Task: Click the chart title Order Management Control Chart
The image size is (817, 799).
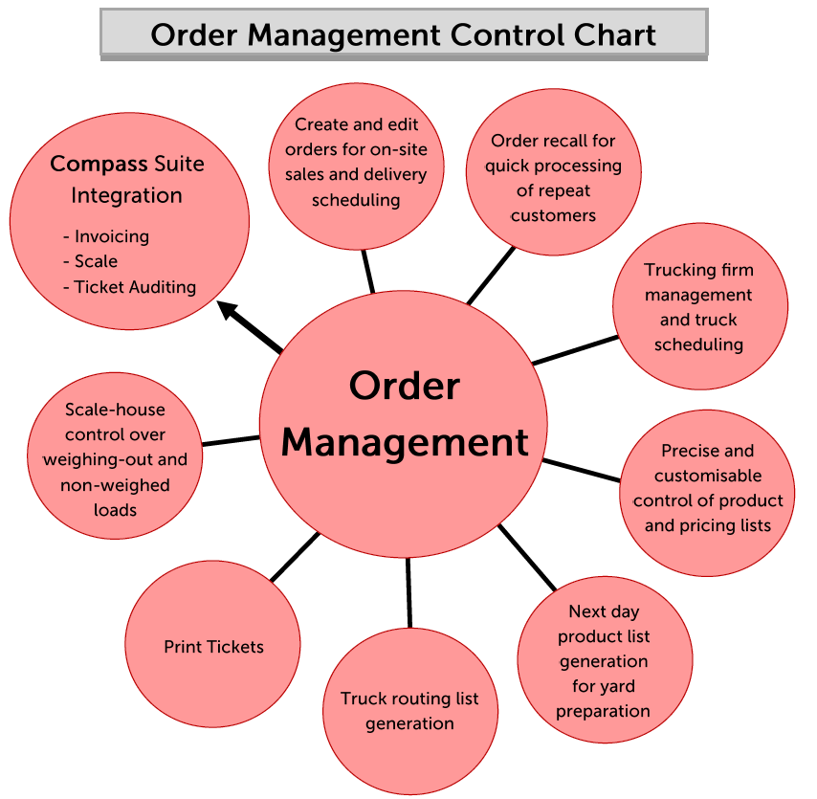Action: tap(403, 35)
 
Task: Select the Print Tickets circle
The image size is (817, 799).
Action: tap(213, 647)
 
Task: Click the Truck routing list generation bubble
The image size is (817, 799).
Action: tap(409, 711)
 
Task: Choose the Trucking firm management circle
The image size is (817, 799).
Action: tap(699, 307)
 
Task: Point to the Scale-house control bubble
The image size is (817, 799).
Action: tap(115, 460)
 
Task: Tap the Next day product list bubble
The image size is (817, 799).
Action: tap(604, 661)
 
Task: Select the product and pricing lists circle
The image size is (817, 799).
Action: tap(708, 488)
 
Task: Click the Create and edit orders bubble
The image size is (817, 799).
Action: tap(356, 163)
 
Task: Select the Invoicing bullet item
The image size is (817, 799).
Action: tap(107, 236)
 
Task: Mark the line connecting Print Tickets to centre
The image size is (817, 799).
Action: tap(295, 556)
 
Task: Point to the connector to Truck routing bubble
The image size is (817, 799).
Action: tap(409, 591)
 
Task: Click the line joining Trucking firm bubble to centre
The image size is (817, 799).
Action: tap(575, 349)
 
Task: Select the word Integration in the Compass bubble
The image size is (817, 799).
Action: tap(126, 195)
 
